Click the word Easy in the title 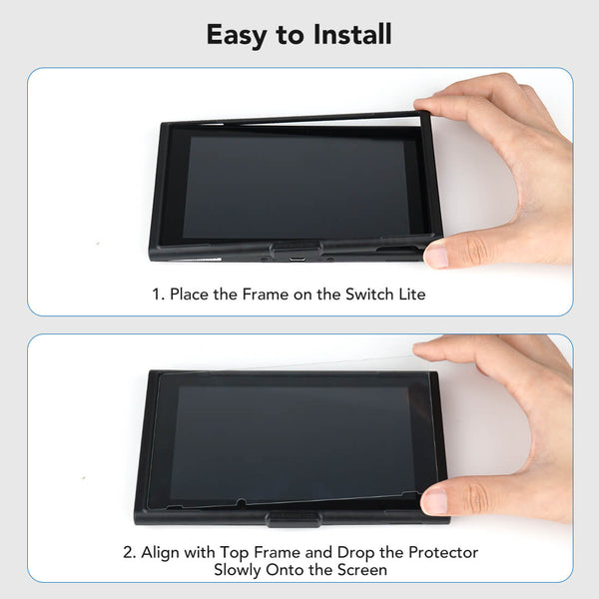236,35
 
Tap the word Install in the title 352,34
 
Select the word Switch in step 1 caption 369,295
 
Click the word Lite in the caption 412,295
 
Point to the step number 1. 158,295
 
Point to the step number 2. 129,553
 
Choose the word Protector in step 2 443,553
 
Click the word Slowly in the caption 238,570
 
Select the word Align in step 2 161,553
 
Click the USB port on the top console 297,259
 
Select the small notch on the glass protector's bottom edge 241,502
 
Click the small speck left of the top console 98,243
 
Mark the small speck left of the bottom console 84,477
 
